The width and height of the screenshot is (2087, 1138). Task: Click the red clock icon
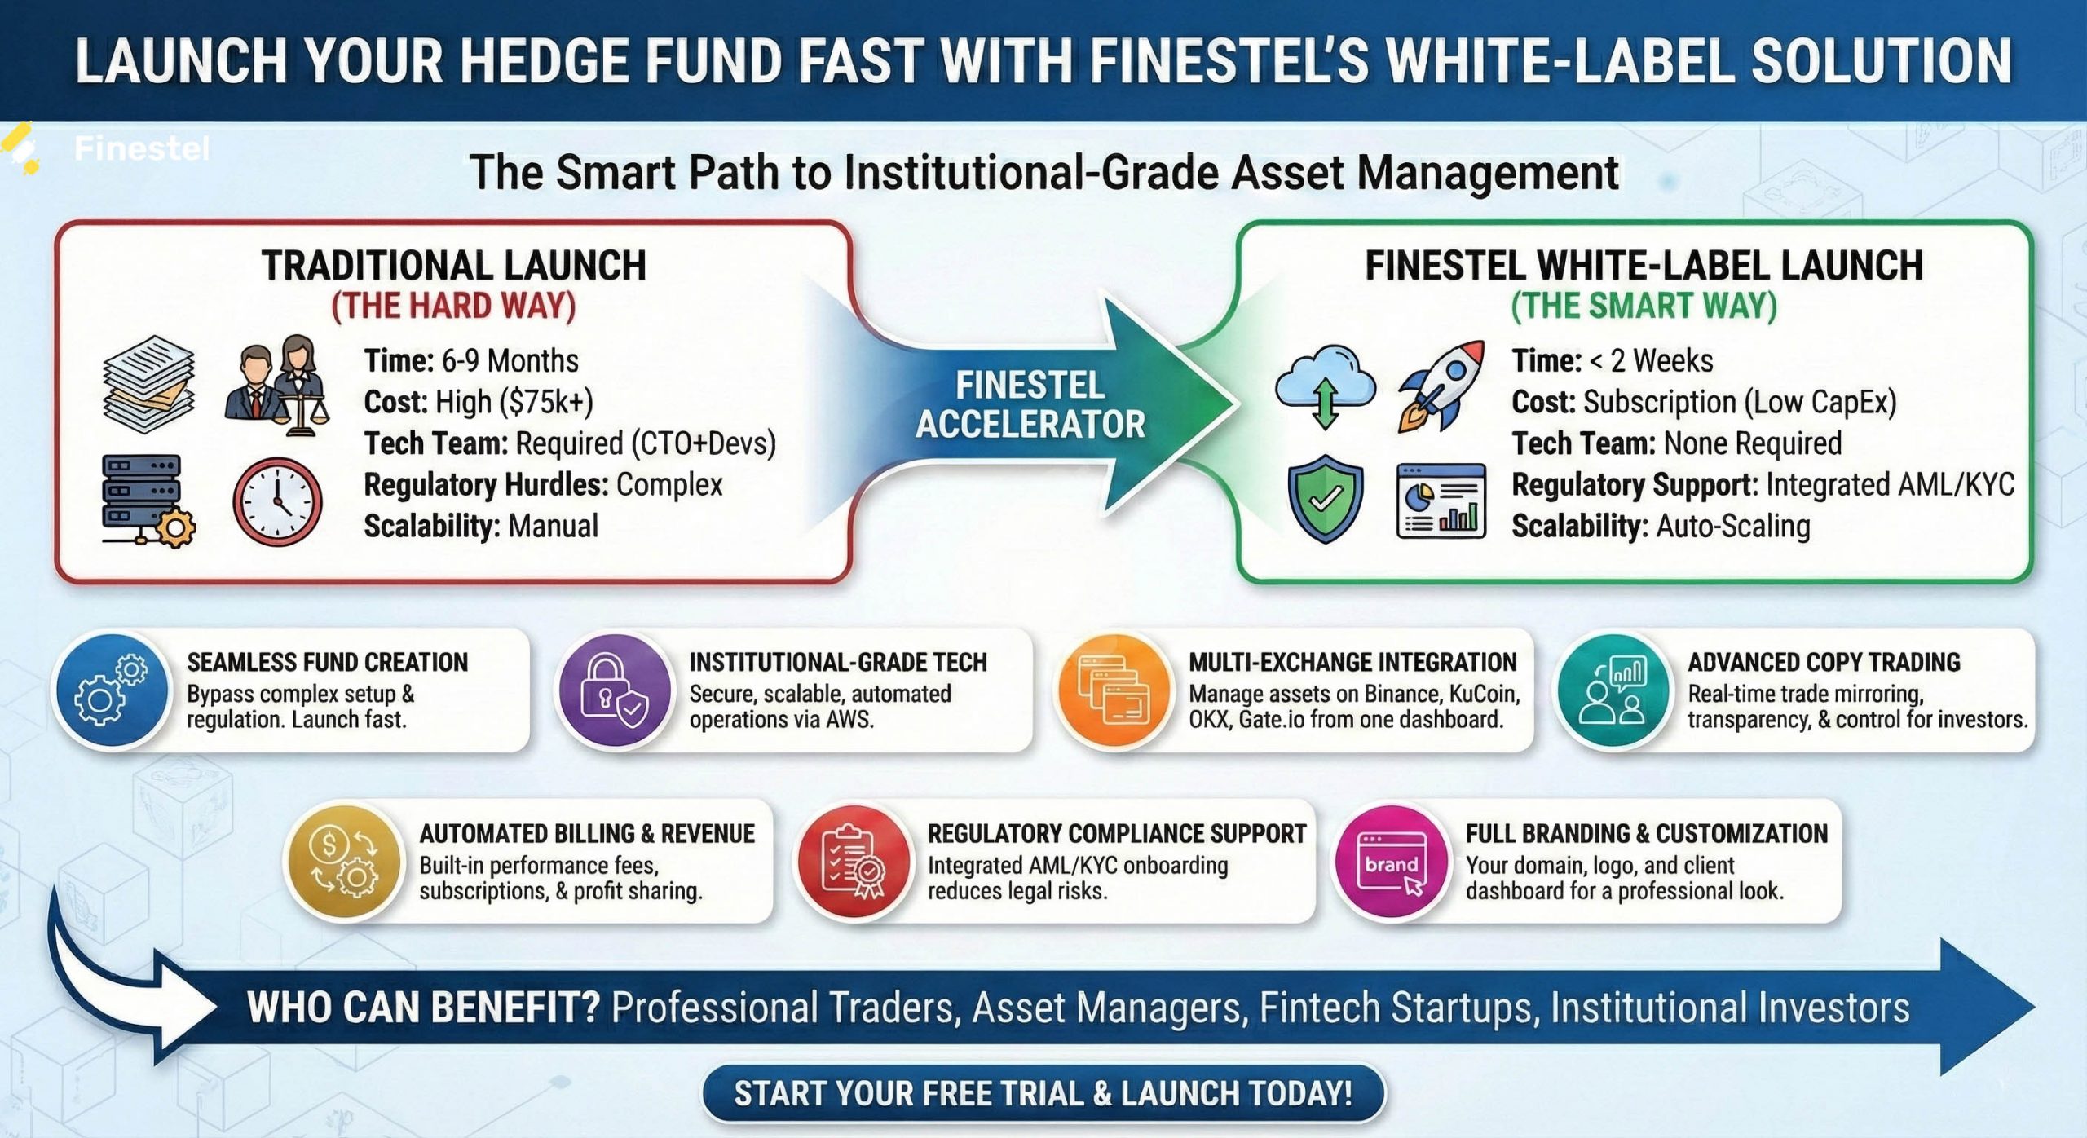tap(277, 501)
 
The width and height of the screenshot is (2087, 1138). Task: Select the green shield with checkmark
tap(1325, 498)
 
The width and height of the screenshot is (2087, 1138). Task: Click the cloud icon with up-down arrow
tap(1325, 385)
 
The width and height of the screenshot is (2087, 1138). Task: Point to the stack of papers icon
tap(149, 384)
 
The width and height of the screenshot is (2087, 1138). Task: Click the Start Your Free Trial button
tap(1043, 1093)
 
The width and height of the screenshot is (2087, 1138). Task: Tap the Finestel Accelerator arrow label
tap(1030, 405)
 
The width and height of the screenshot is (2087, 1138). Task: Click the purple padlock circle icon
tap(616, 691)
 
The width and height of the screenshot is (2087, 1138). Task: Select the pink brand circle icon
tap(1391, 863)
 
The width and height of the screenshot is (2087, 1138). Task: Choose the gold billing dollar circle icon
tap(345, 863)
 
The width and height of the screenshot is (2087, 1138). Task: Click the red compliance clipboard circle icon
tap(854, 863)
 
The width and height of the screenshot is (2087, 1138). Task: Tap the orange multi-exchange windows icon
tap(1114, 691)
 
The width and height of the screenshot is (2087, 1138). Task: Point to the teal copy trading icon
tap(1613, 691)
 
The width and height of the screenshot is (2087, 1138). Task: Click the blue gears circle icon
tap(113, 691)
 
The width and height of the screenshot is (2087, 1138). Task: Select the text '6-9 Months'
tap(510, 360)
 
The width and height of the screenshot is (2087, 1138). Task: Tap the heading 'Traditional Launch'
tap(454, 267)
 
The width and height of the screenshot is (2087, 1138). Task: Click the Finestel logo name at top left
tap(141, 148)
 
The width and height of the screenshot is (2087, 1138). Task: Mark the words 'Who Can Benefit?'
tap(423, 1008)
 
